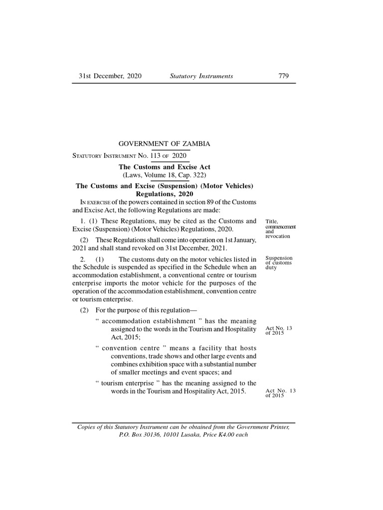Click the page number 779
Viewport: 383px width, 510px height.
(x=283, y=76)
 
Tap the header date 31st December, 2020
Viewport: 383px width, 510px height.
(x=110, y=76)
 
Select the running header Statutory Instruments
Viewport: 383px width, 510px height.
(x=201, y=76)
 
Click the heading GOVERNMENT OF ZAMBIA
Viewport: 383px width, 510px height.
(x=164, y=144)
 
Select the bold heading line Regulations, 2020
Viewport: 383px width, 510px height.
(x=164, y=194)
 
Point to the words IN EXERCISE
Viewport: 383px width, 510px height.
(x=95, y=202)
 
